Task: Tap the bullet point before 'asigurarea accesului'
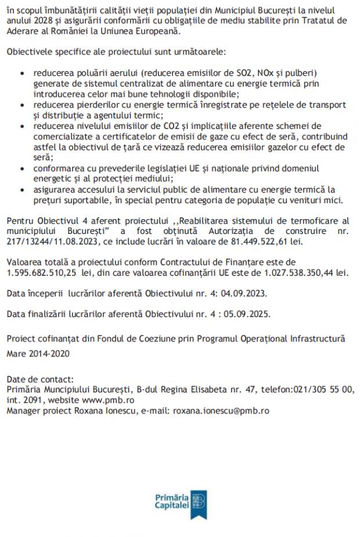[x=22, y=189]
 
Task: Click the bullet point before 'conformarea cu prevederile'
[x=22, y=168]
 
